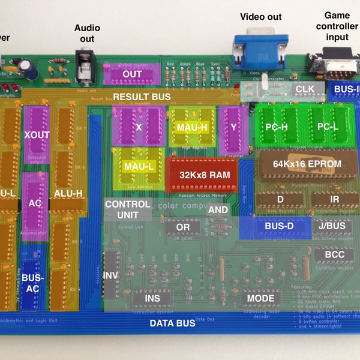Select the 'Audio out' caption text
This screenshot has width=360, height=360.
[88, 33]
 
